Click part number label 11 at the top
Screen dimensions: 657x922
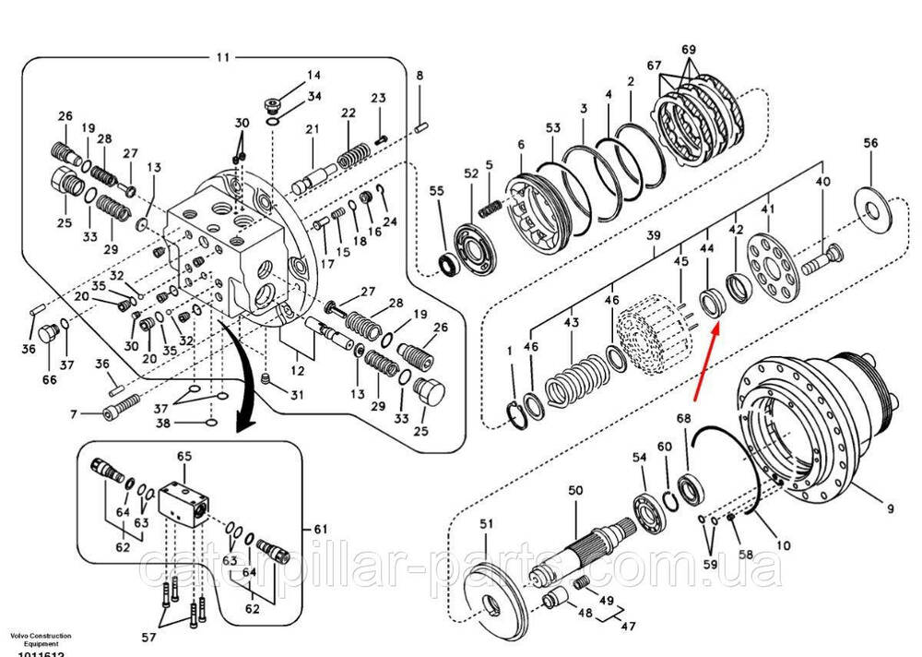[222, 57]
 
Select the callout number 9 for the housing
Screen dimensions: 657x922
[891, 507]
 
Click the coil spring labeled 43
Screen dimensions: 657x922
[573, 379]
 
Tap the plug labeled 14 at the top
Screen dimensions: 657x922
[272, 102]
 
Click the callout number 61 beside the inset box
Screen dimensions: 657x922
[320, 529]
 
